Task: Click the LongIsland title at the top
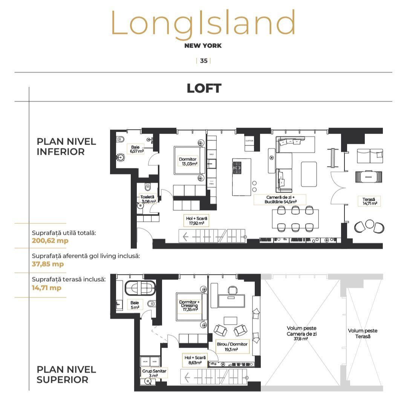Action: pyautogui.click(x=203, y=23)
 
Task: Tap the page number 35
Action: pyautogui.click(x=203, y=61)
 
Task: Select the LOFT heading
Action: pyautogui.click(x=204, y=88)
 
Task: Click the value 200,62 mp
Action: pyautogui.click(x=50, y=240)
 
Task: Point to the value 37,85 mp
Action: pyautogui.click(x=48, y=264)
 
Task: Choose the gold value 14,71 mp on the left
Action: pyautogui.click(x=46, y=288)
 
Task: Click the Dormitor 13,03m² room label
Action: pyautogui.click(x=188, y=162)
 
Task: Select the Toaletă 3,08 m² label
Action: pyautogui.click(x=147, y=199)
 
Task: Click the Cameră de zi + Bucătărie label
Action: pyautogui.click(x=280, y=200)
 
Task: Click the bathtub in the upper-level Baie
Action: pyautogui.click(x=140, y=288)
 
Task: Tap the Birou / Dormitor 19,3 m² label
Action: pyautogui.click(x=232, y=347)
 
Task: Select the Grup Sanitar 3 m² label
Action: pyautogui.click(x=154, y=373)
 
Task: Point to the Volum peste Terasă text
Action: pyautogui.click(x=362, y=333)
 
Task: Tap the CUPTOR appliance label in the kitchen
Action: pyautogui.click(x=249, y=140)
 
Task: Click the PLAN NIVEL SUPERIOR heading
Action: pyautogui.click(x=66, y=375)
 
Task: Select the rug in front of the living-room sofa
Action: pyautogui.click(x=309, y=174)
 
